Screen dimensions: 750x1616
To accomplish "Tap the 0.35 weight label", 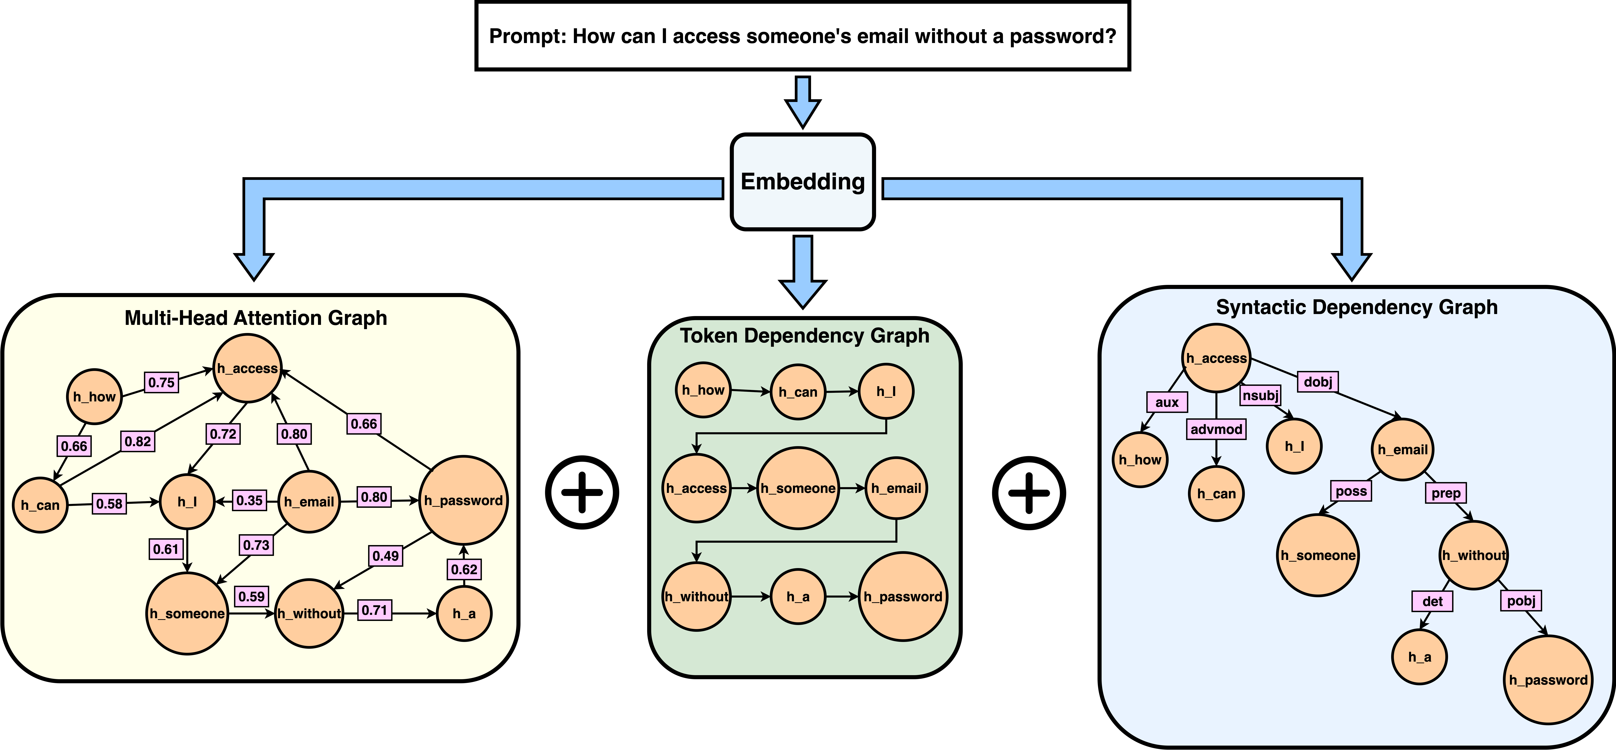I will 249,500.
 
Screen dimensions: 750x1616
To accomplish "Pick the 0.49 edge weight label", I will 385,555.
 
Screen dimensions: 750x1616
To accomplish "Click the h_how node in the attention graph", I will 94,397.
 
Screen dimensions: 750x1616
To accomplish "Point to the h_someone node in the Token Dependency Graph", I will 798,488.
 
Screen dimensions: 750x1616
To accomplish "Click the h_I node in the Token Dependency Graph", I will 886,391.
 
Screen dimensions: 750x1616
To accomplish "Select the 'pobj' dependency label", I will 1521,601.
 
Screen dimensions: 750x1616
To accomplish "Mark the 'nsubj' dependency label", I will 1260,395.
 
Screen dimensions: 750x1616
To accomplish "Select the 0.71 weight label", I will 375,610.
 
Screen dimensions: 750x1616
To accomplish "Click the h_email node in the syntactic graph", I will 1402,449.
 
